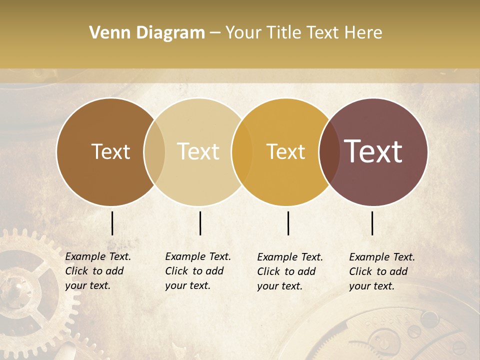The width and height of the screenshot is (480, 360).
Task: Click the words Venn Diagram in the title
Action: point(147,33)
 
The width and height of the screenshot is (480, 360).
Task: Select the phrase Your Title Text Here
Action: point(303,33)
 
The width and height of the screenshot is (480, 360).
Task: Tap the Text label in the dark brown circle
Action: point(110,151)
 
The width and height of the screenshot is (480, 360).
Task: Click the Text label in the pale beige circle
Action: point(198,151)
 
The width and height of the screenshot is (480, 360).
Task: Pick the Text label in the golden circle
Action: point(285,151)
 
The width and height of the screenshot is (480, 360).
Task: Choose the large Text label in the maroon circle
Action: point(373,151)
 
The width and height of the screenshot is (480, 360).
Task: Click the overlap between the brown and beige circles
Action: point(154,151)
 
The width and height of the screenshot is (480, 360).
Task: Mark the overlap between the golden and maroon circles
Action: point(328,151)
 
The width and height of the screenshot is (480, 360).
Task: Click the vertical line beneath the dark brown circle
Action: point(112,223)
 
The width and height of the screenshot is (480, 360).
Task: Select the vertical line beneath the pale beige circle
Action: point(200,223)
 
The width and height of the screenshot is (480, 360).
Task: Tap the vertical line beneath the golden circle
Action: point(288,223)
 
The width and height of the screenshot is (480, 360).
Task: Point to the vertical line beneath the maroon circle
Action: point(372,223)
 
